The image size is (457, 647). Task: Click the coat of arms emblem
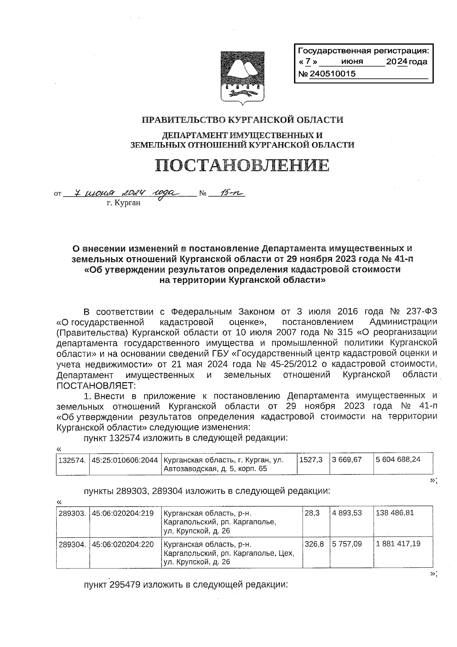[x=241, y=77]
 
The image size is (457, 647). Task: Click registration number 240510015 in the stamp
[x=332, y=74]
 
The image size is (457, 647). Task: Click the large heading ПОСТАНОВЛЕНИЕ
[x=242, y=165]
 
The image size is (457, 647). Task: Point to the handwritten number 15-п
[x=227, y=193]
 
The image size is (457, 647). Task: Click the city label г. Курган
[x=123, y=203]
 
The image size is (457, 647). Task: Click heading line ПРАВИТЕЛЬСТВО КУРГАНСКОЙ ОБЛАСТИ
[x=242, y=120]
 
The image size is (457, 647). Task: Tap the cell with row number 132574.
[x=72, y=460]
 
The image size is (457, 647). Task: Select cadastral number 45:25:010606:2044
[x=125, y=460]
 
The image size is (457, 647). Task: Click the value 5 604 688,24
[x=398, y=460]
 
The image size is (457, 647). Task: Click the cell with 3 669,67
[x=347, y=460]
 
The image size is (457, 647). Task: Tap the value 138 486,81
[x=395, y=513]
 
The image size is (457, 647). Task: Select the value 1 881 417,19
[x=398, y=544]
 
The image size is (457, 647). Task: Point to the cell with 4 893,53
[x=347, y=513]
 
